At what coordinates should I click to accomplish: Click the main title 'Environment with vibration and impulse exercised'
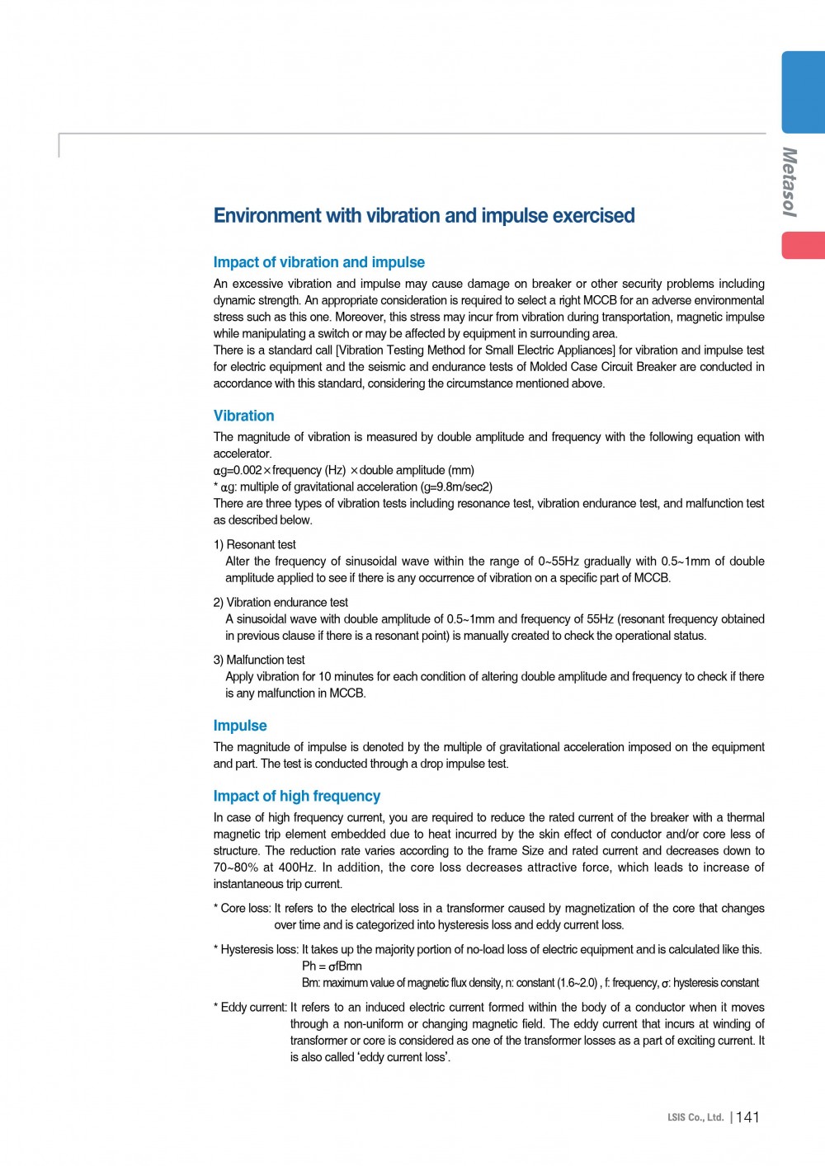424,216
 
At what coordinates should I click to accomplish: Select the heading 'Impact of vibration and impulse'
318,262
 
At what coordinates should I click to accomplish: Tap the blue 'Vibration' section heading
243,416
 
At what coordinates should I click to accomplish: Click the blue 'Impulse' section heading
240,726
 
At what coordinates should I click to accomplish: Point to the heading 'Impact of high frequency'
296,796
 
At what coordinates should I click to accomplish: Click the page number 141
747,1117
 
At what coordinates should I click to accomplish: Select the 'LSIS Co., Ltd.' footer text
695,1118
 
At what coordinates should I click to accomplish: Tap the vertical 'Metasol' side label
790,181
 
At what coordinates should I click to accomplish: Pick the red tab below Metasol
804,246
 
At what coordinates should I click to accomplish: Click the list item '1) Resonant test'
254,544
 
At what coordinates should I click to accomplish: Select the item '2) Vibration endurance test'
280,602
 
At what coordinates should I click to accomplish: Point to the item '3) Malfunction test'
259,660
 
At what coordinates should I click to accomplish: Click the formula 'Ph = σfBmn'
332,966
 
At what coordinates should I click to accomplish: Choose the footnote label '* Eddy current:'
250,1007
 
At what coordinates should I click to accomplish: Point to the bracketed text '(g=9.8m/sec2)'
456,487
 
